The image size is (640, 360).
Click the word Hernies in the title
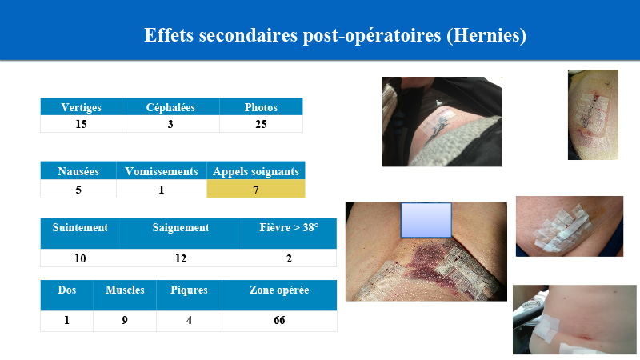(486, 35)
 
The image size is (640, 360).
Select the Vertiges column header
(82, 107)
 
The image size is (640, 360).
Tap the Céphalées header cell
(170, 107)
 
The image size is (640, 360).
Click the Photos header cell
(262, 107)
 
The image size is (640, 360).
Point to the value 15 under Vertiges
(82, 124)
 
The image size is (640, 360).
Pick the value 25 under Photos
(262, 124)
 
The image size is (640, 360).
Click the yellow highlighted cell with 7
(256, 189)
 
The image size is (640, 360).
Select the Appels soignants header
(256, 171)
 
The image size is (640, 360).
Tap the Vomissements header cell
(162, 171)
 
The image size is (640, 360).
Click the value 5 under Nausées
(78, 190)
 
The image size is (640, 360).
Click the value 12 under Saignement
(181, 258)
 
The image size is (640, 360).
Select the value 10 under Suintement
(80, 258)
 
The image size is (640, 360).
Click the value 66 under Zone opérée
(279, 321)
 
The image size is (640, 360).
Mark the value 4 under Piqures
(189, 321)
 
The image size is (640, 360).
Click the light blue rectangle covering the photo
(426, 220)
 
